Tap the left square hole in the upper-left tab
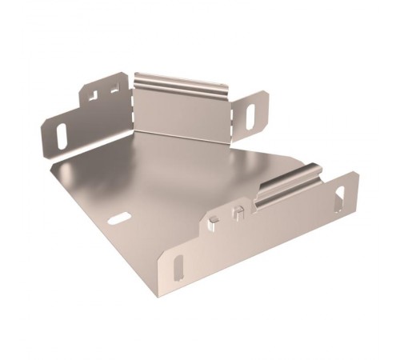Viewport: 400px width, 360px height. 92,95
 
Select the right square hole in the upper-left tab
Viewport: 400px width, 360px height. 114,90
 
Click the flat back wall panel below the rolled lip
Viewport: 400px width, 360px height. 182,113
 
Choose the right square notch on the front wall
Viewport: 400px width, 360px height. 237,213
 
